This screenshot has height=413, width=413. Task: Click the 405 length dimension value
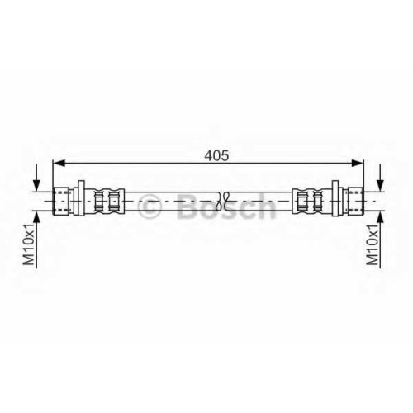[216, 156]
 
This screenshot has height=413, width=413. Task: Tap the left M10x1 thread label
[29, 244]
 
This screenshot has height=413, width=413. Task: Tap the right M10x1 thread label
[373, 244]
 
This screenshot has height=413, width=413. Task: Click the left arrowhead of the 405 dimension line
[59, 164]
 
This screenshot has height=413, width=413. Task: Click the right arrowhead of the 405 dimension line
[358, 164]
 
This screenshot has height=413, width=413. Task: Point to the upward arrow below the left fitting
[36, 240]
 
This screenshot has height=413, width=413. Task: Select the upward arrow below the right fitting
[380, 240]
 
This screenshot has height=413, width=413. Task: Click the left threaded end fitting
[60, 201]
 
